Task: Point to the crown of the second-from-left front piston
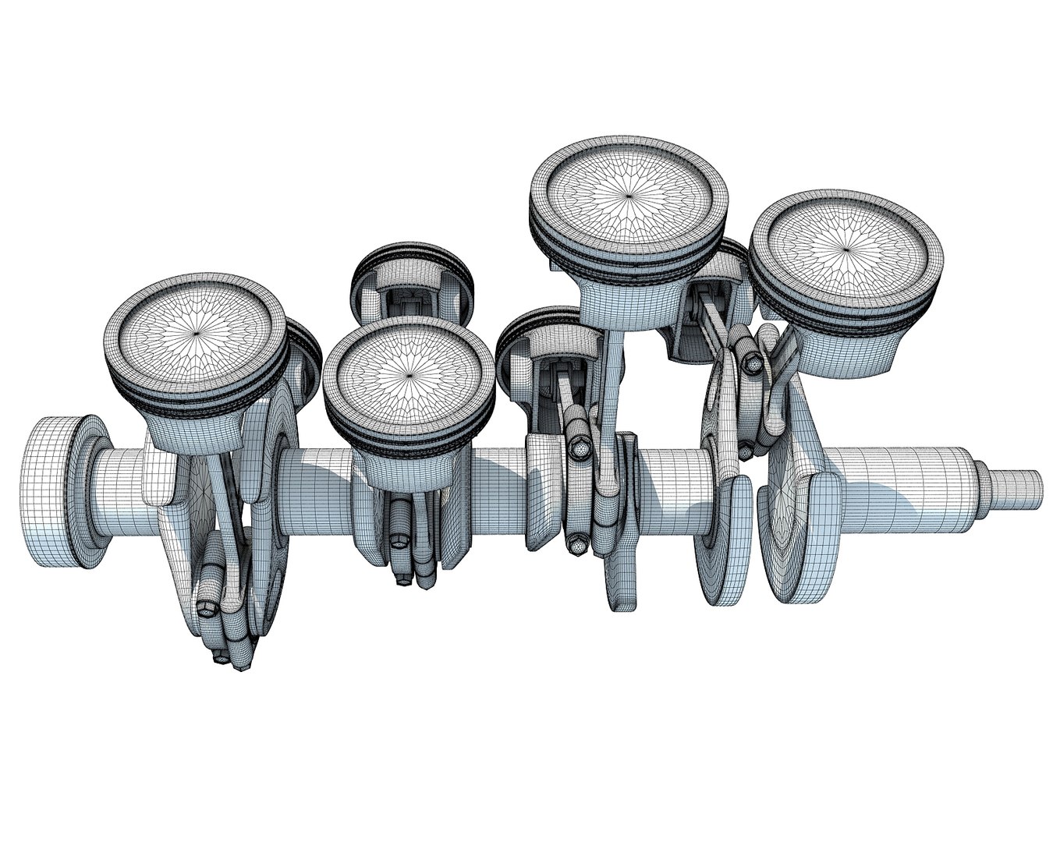pyautogui.click(x=409, y=373)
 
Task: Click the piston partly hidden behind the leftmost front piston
pyautogui.click(x=304, y=359)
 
